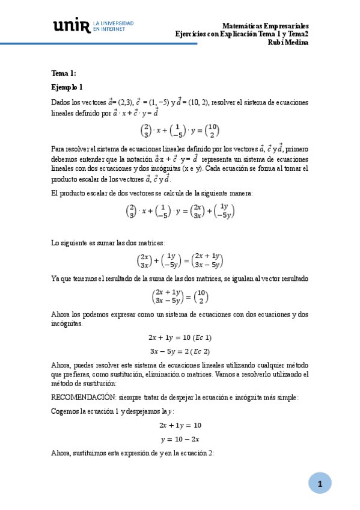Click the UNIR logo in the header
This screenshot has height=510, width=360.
pos(72,25)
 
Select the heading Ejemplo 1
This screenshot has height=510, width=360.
pos(67,87)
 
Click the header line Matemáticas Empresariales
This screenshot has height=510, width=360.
pos(265,26)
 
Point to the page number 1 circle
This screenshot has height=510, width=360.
pos(320,484)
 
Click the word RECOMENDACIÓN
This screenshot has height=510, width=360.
pos(84,398)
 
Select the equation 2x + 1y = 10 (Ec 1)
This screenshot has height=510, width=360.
pos(180,338)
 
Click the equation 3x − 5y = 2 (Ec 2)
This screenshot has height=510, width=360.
pos(180,351)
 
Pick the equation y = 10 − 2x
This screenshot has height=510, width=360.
pos(180,440)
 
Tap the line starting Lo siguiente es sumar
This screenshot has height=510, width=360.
pos(104,243)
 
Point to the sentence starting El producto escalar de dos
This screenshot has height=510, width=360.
pos(152,193)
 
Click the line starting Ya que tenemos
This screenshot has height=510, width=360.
pos(180,279)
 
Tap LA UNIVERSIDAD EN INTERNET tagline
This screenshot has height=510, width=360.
pos(114,26)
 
